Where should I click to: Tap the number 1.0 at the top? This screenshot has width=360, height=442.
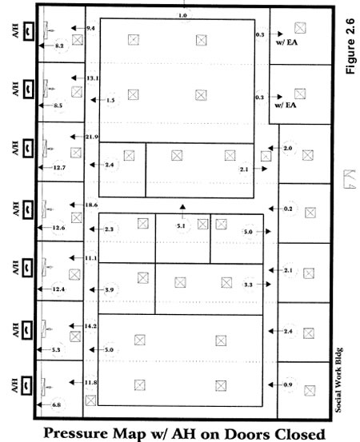[182, 15]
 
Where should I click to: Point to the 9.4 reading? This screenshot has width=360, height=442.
[90, 28]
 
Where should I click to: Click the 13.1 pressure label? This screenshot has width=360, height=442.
[92, 78]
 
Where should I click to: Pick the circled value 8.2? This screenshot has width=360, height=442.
[58, 47]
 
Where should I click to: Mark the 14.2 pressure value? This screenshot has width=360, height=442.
[90, 326]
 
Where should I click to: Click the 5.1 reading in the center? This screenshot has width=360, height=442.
[182, 225]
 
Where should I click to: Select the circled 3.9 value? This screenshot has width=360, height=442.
[110, 289]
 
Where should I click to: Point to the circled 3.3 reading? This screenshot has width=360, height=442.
[248, 285]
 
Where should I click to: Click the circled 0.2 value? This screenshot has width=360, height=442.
[288, 209]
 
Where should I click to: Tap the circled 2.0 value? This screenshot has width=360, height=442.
[288, 149]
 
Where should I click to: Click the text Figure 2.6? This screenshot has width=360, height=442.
[349, 49]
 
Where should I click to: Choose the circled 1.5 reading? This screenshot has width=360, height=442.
[110, 100]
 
